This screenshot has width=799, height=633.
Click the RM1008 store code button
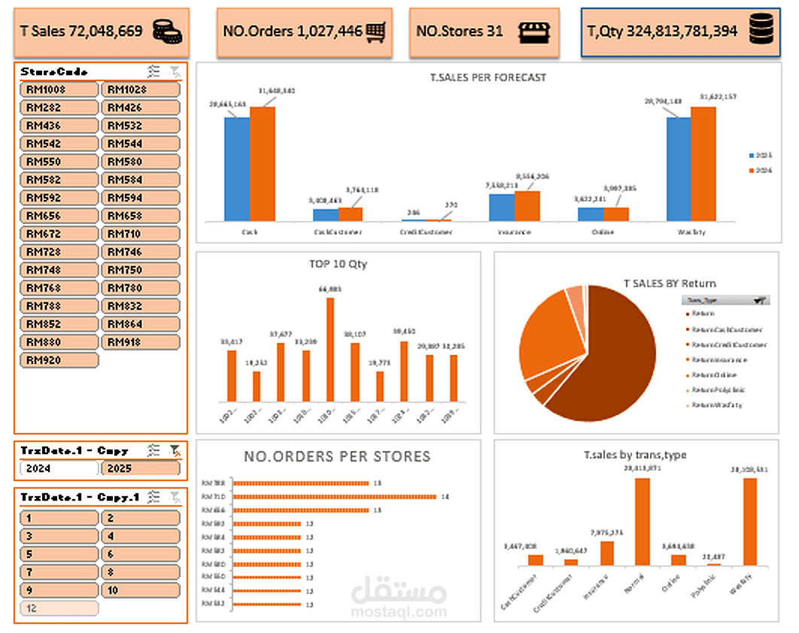pyautogui.click(x=59, y=89)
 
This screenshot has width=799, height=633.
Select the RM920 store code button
pyautogui.click(x=59, y=360)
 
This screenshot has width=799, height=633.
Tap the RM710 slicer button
pyautogui.click(x=141, y=234)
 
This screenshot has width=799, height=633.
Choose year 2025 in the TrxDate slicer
pyautogui.click(x=141, y=468)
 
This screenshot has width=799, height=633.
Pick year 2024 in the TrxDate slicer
pyautogui.click(x=59, y=468)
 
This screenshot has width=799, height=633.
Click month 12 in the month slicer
pyautogui.click(x=59, y=608)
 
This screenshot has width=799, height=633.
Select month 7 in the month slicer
pyautogui.click(x=59, y=572)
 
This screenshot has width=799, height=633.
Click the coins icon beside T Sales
pyautogui.click(x=167, y=32)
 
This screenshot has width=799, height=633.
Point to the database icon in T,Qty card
pyautogui.click(x=764, y=32)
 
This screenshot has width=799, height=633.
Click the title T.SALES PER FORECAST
pyautogui.click(x=488, y=77)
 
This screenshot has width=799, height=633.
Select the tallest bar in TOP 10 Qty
pyautogui.click(x=330, y=350)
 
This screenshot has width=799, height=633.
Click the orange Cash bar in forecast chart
pyautogui.click(x=263, y=164)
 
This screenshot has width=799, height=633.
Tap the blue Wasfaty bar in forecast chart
pyautogui.click(x=678, y=168)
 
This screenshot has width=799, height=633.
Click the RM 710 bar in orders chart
pyautogui.click(x=335, y=496)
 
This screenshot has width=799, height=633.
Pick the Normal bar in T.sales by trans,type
pyautogui.click(x=642, y=522)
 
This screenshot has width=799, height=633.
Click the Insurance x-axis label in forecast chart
pyautogui.click(x=515, y=232)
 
